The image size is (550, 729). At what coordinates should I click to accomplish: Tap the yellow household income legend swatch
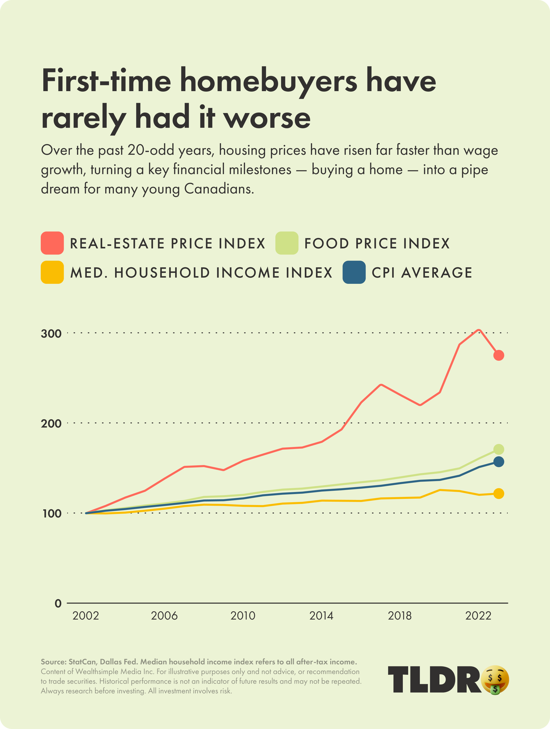(x=52, y=272)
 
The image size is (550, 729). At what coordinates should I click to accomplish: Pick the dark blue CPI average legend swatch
(x=354, y=272)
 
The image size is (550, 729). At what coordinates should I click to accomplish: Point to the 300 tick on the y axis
(x=51, y=333)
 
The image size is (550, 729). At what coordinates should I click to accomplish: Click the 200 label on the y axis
(x=51, y=424)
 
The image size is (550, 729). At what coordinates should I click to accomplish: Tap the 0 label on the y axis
(x=58, y=604)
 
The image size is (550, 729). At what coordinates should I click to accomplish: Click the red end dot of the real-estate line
(x=499, y=355)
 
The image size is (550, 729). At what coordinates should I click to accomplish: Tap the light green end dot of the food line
(x=499, y=449)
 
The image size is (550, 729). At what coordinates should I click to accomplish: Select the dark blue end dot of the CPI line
(x=499, y=462)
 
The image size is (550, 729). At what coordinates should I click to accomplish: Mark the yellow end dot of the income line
(x=499, y=493)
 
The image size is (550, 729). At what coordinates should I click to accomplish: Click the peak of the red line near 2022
(x=478, y=330)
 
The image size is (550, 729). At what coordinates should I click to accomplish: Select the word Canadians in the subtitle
(x=219, y=189)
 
